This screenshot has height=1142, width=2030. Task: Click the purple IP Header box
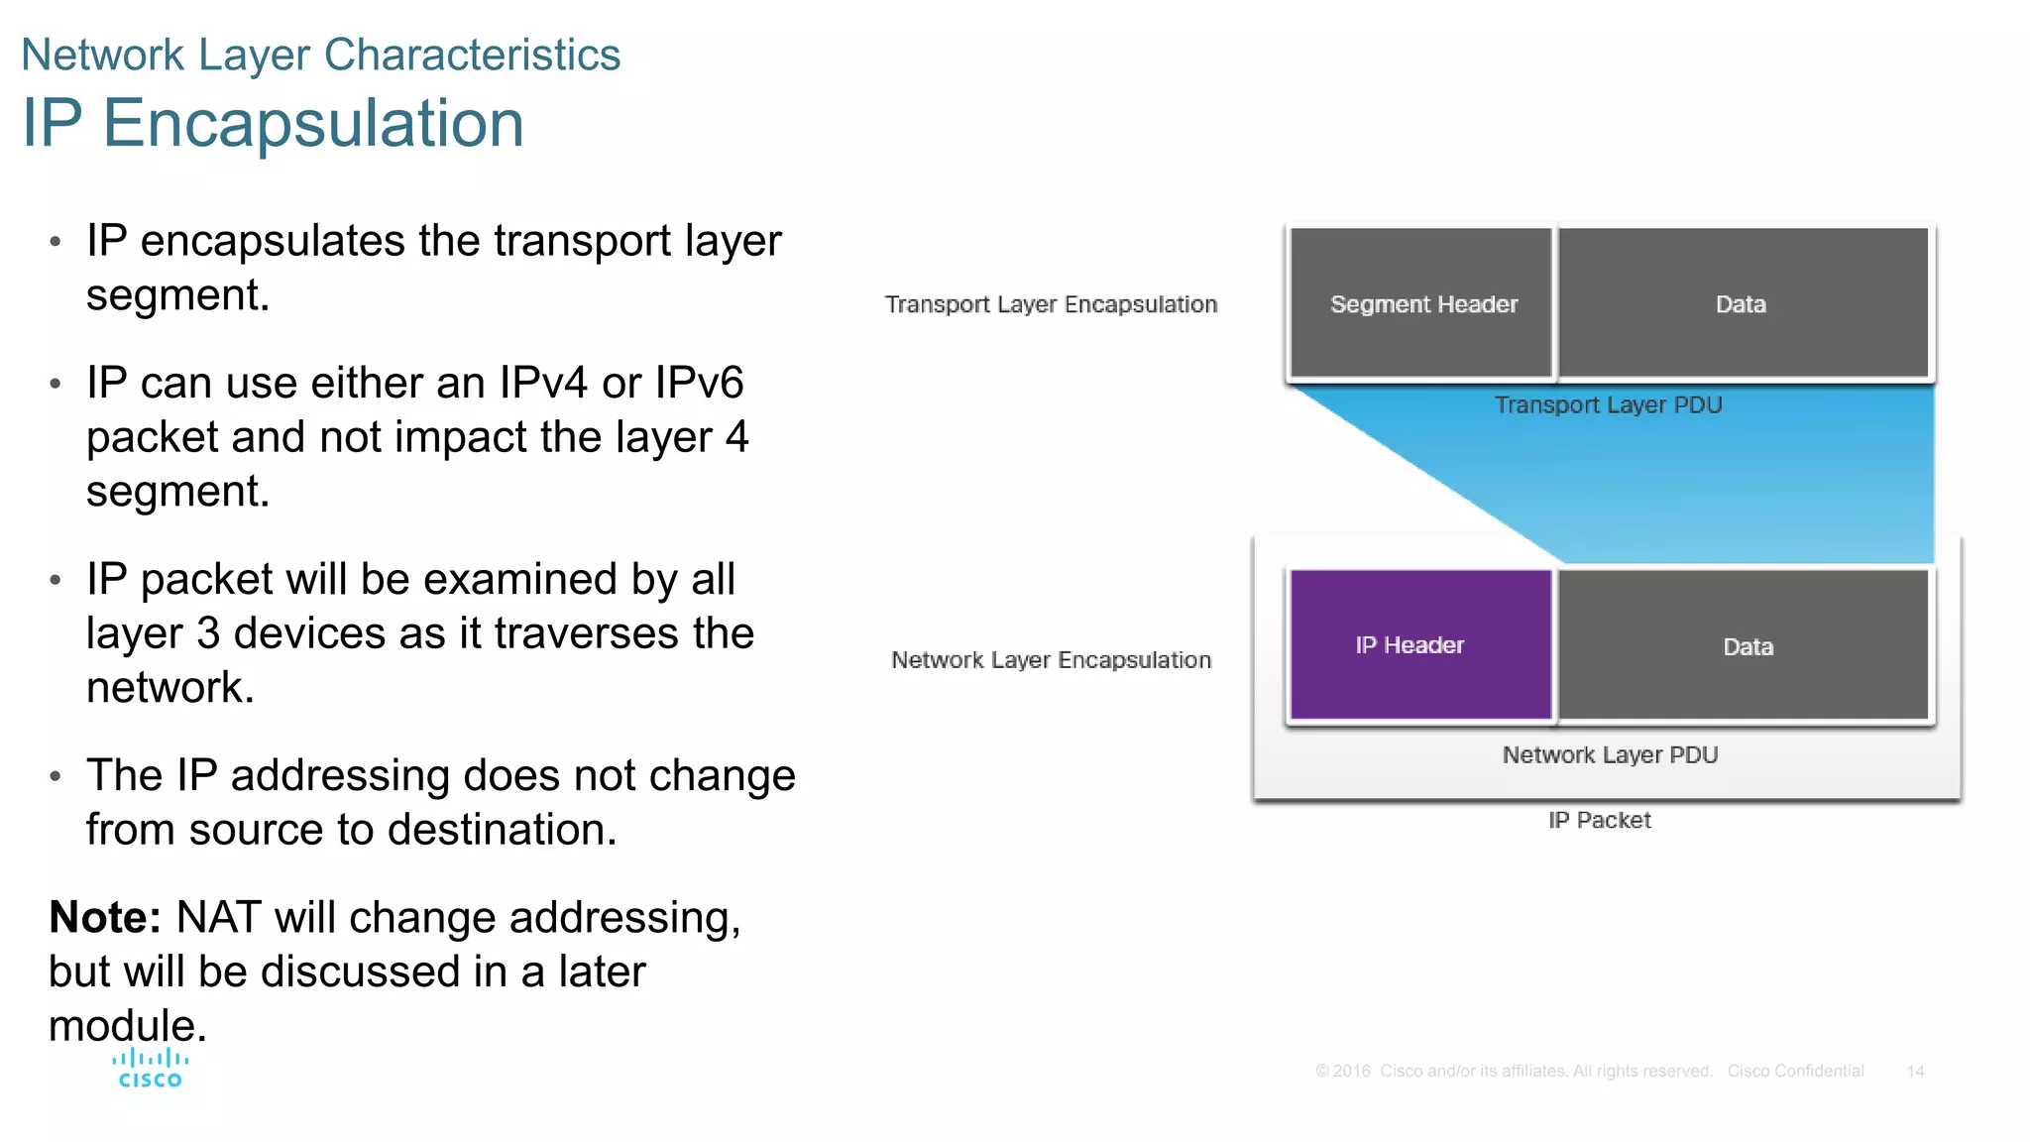(x=1419, y=644)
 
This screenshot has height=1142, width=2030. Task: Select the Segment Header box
(x=1421, y=303)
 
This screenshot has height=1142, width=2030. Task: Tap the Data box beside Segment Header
(x=1742, y=303)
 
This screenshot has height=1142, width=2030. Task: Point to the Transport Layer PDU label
(x=1608, y=405)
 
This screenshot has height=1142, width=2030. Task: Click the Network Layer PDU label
(x=1610, y=755)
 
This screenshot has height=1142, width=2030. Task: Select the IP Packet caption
(x=1599, y=821)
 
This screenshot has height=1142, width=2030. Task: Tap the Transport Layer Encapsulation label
(x=1051, y=304)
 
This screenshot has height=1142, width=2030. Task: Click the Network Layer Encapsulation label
(x=1051, y=660)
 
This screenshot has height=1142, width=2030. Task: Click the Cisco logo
(x=150, y=1069)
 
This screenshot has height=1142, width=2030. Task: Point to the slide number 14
(x=1915, y=1072)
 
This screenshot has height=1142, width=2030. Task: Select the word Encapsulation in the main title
(x=313, y=124)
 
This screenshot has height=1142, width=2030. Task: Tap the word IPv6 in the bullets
(x=699, y=384)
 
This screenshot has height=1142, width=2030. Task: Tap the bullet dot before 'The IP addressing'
(x=56, y=776)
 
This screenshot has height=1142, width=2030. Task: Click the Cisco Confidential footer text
(x=1795, y=1072)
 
